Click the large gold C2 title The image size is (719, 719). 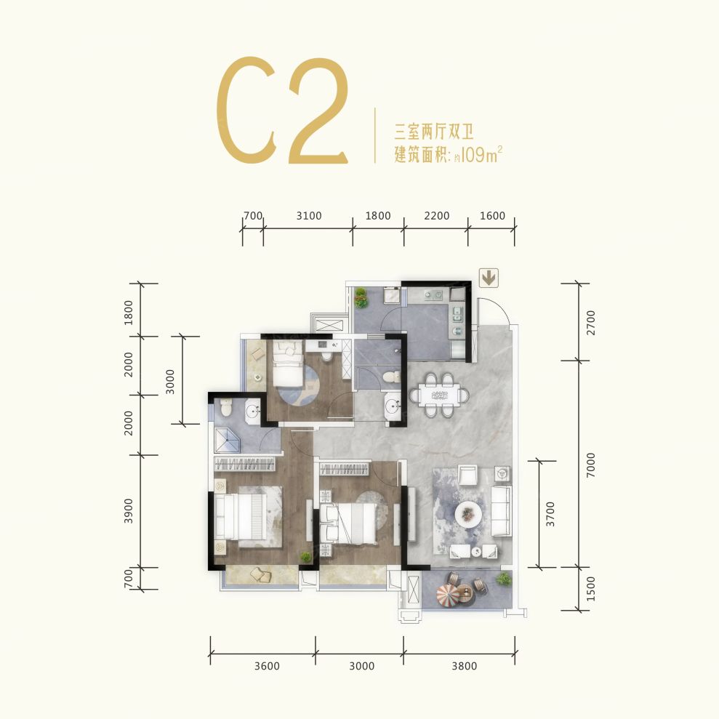coord(282,110)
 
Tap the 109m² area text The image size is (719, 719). coord(481,155)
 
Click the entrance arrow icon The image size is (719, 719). coord(489,278)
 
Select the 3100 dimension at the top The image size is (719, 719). coord(308,215)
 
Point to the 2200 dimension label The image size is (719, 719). coord(436,215)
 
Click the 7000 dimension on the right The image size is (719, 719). coord(590,464)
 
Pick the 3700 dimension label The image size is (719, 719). coord(550,514)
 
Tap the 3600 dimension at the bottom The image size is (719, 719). coord(267,666)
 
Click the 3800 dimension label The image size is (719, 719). coord(464,666)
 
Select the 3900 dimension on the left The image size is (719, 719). coord(129,511)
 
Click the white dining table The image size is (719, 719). coord(440,395)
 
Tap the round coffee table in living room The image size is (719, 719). coord(467,514)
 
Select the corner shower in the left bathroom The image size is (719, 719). coord(228,439)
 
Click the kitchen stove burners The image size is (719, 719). coord(433,295)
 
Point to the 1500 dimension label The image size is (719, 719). coord(590,589)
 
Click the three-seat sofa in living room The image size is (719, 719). coord(501,512)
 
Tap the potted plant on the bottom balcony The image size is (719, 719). coord(504,579)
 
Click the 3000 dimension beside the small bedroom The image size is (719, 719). coord(170,381)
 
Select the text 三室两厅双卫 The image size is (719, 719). coord(434,132)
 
